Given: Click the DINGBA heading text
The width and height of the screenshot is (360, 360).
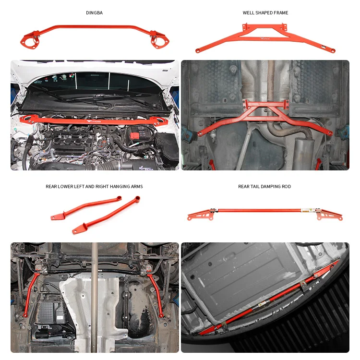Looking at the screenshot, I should (94, 12).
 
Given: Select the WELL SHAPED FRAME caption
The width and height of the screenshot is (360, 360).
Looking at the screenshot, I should (265, 12).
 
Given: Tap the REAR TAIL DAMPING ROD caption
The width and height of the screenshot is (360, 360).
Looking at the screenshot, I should (264, 186).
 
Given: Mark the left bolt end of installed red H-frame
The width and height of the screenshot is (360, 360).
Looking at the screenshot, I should (200, 134).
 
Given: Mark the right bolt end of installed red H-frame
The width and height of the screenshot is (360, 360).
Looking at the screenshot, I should (330, 133).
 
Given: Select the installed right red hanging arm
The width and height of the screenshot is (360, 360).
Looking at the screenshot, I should (156, 295).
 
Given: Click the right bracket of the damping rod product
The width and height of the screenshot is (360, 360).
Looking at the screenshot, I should (331, 215).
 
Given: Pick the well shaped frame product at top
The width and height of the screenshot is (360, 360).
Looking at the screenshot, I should (265, 37).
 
